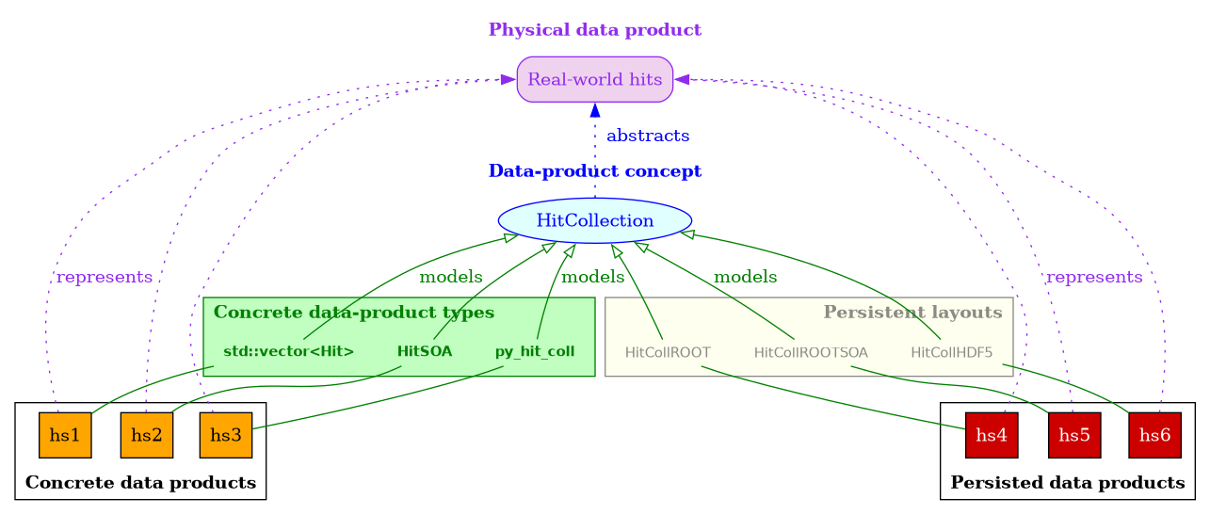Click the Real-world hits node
594,79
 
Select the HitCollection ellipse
594,220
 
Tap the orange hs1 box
65,435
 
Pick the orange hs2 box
146,435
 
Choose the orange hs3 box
225,435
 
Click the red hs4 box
992,435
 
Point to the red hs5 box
1074,435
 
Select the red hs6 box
1154,435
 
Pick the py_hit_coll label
535,352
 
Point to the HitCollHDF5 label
951,353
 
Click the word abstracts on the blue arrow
648,137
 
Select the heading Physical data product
594,30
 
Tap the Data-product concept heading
594,171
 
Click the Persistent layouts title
912,312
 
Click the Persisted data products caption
1068,483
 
